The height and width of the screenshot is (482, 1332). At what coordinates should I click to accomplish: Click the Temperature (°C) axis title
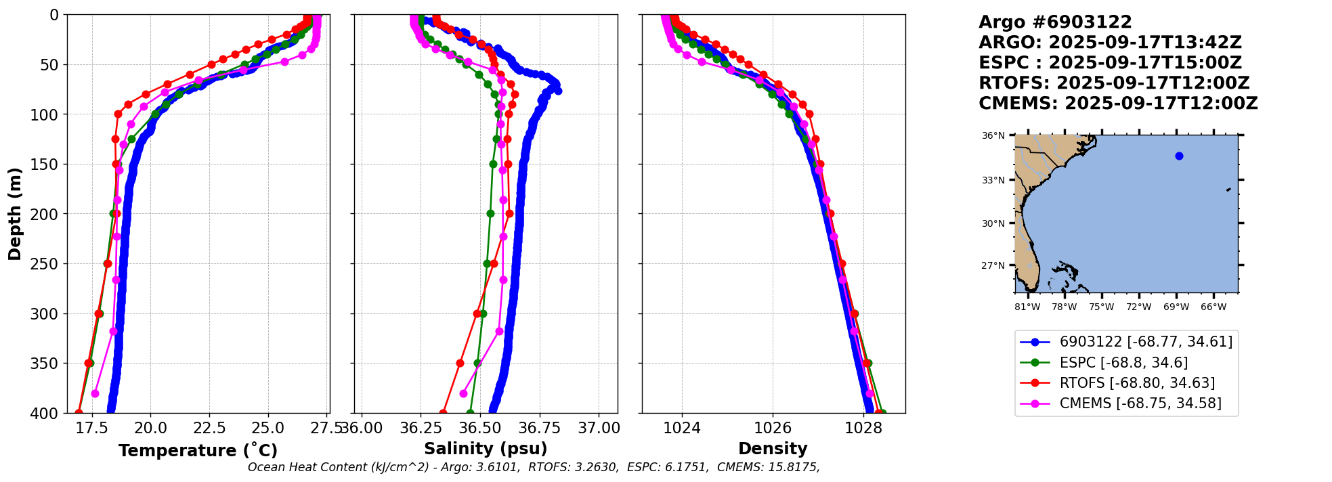(x=198, y=451)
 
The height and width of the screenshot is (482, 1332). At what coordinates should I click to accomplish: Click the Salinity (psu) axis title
(x=486, y=449)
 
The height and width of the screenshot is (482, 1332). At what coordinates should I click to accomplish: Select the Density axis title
(x=773, y=449)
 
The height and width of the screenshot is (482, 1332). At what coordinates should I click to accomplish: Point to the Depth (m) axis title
(x=15, y=213)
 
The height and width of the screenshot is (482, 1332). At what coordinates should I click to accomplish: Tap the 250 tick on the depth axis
(x=49, y=264)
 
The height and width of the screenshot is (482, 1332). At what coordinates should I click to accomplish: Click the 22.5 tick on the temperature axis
(x=209, y=428)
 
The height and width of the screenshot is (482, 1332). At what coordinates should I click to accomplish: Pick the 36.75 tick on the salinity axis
(x=540, y=428)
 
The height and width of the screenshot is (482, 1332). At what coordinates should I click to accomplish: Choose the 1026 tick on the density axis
(x=773, y=428)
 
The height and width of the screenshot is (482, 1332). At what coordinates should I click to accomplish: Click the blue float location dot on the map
(x=1179, y=156)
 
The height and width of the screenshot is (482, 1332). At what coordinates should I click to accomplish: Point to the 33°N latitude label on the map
(x=993, y=180)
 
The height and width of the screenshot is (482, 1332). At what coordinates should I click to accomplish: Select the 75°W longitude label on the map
(x=1101, y=307)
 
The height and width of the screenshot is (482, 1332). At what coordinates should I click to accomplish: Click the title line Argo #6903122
(x=1055, y=22)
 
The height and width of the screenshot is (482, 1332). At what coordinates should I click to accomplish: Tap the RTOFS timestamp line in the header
(x=1114, y=83)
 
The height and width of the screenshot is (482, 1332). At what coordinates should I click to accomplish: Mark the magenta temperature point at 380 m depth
(x=95, y=393)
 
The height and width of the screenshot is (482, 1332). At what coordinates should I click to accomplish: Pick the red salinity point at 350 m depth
(x=460, y=363)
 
